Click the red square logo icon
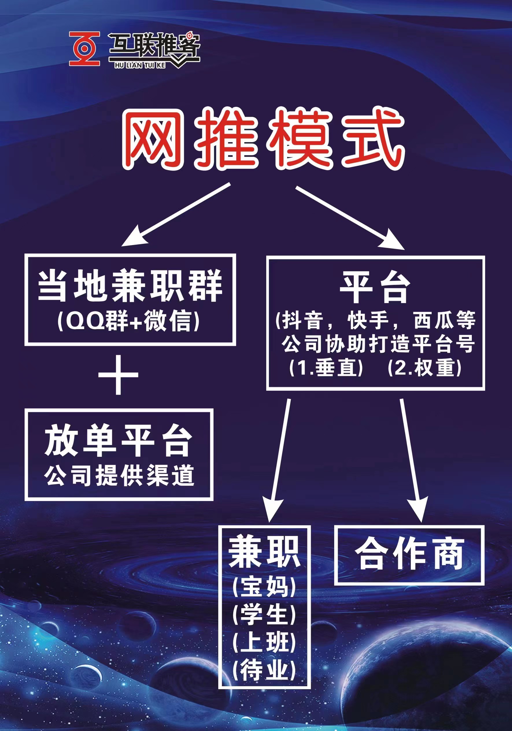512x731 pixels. [84, 49]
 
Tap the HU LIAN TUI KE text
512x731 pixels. [140, 65]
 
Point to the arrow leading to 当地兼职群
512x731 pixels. [175, 215]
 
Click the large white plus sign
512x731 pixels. [118, 375]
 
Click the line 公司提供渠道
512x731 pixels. [119, 476]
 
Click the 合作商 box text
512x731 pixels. [409, 554]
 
